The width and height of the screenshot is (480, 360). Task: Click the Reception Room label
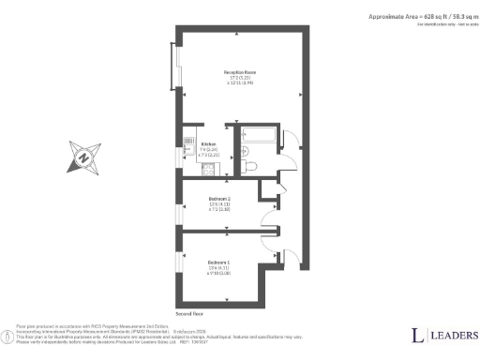tap(240, 71)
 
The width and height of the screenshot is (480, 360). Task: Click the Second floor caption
tap(189, 314)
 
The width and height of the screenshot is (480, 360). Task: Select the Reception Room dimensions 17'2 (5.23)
tap(240, 78)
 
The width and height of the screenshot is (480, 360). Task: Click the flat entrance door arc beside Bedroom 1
tap(291, 258)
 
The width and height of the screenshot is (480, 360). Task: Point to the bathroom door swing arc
tap(290, 141)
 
